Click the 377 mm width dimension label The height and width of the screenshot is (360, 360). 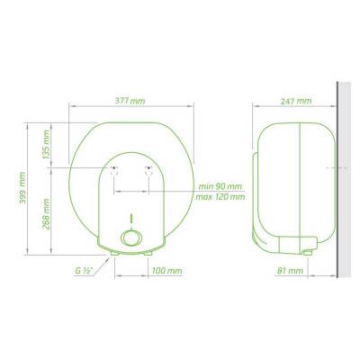pos(130,101)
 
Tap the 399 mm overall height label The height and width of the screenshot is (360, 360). pos(22,188)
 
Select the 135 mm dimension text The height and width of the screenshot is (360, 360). pos(47,144)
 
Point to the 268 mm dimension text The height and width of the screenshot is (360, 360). pos(46,214)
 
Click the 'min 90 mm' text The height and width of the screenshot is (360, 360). pos(220,186)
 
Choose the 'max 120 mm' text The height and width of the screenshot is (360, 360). pos(220,197)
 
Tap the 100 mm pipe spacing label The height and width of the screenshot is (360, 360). pos(166,271)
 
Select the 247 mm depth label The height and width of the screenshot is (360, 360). pos(296,101)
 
